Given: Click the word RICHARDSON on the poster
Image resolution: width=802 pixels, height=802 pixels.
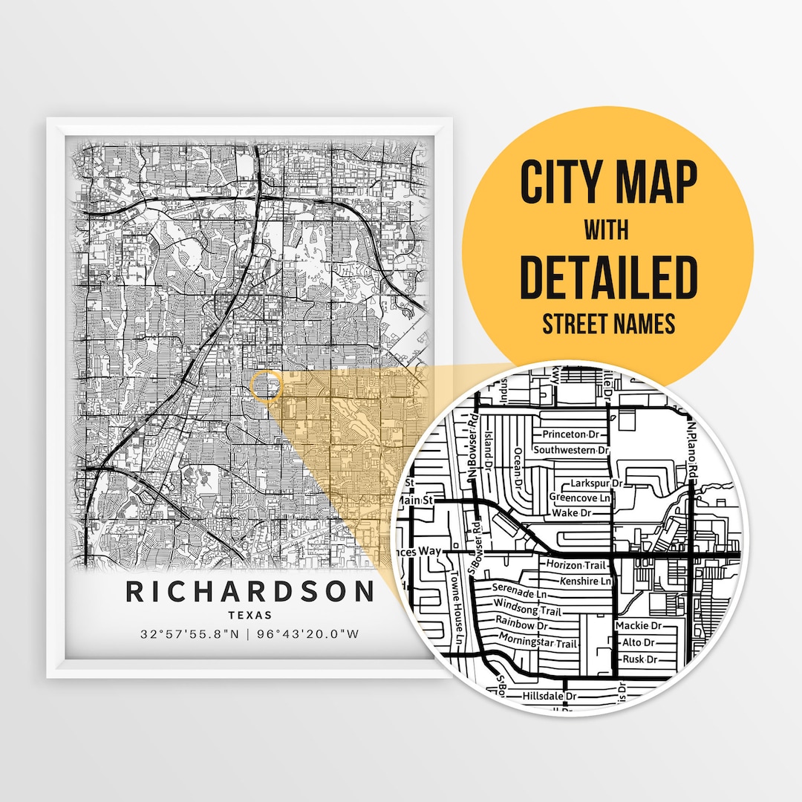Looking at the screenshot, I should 250,592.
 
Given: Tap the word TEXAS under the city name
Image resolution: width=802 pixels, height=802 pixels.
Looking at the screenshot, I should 250,615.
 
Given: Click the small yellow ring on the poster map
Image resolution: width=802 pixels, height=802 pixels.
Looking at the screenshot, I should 266,386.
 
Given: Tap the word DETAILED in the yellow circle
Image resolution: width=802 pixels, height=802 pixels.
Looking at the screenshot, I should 608,277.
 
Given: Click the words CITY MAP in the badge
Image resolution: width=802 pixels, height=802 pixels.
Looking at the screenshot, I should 608,182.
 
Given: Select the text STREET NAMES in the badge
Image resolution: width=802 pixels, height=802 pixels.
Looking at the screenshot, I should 608,323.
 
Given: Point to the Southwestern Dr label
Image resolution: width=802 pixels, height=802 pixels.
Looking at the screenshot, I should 572,450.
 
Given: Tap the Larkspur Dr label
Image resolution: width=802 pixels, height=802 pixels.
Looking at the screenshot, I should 596,483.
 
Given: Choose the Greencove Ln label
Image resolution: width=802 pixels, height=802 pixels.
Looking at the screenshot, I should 580,498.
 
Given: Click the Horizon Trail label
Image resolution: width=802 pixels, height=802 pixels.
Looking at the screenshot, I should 575,566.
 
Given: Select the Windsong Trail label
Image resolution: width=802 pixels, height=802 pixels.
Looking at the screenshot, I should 527,607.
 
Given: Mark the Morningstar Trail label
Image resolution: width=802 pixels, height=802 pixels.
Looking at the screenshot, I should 538,640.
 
